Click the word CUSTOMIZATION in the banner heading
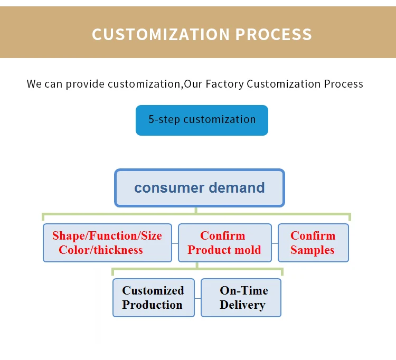(161, 34)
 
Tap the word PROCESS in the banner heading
(274, 34)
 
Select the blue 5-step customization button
(202, 120)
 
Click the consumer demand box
(200, 188)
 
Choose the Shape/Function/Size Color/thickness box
(107, 243)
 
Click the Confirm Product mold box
(224, 243)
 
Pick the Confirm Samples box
(313, 243)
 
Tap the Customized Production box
(153, 298)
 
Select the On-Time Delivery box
(241, 298)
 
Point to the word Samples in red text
(313, 250)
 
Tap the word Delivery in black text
(242, 305)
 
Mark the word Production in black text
(153, 305)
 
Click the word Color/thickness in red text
(101, 250)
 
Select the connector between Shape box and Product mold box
(175, 243)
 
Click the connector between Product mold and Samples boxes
(275, 243)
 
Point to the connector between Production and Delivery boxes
(197, 298)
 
